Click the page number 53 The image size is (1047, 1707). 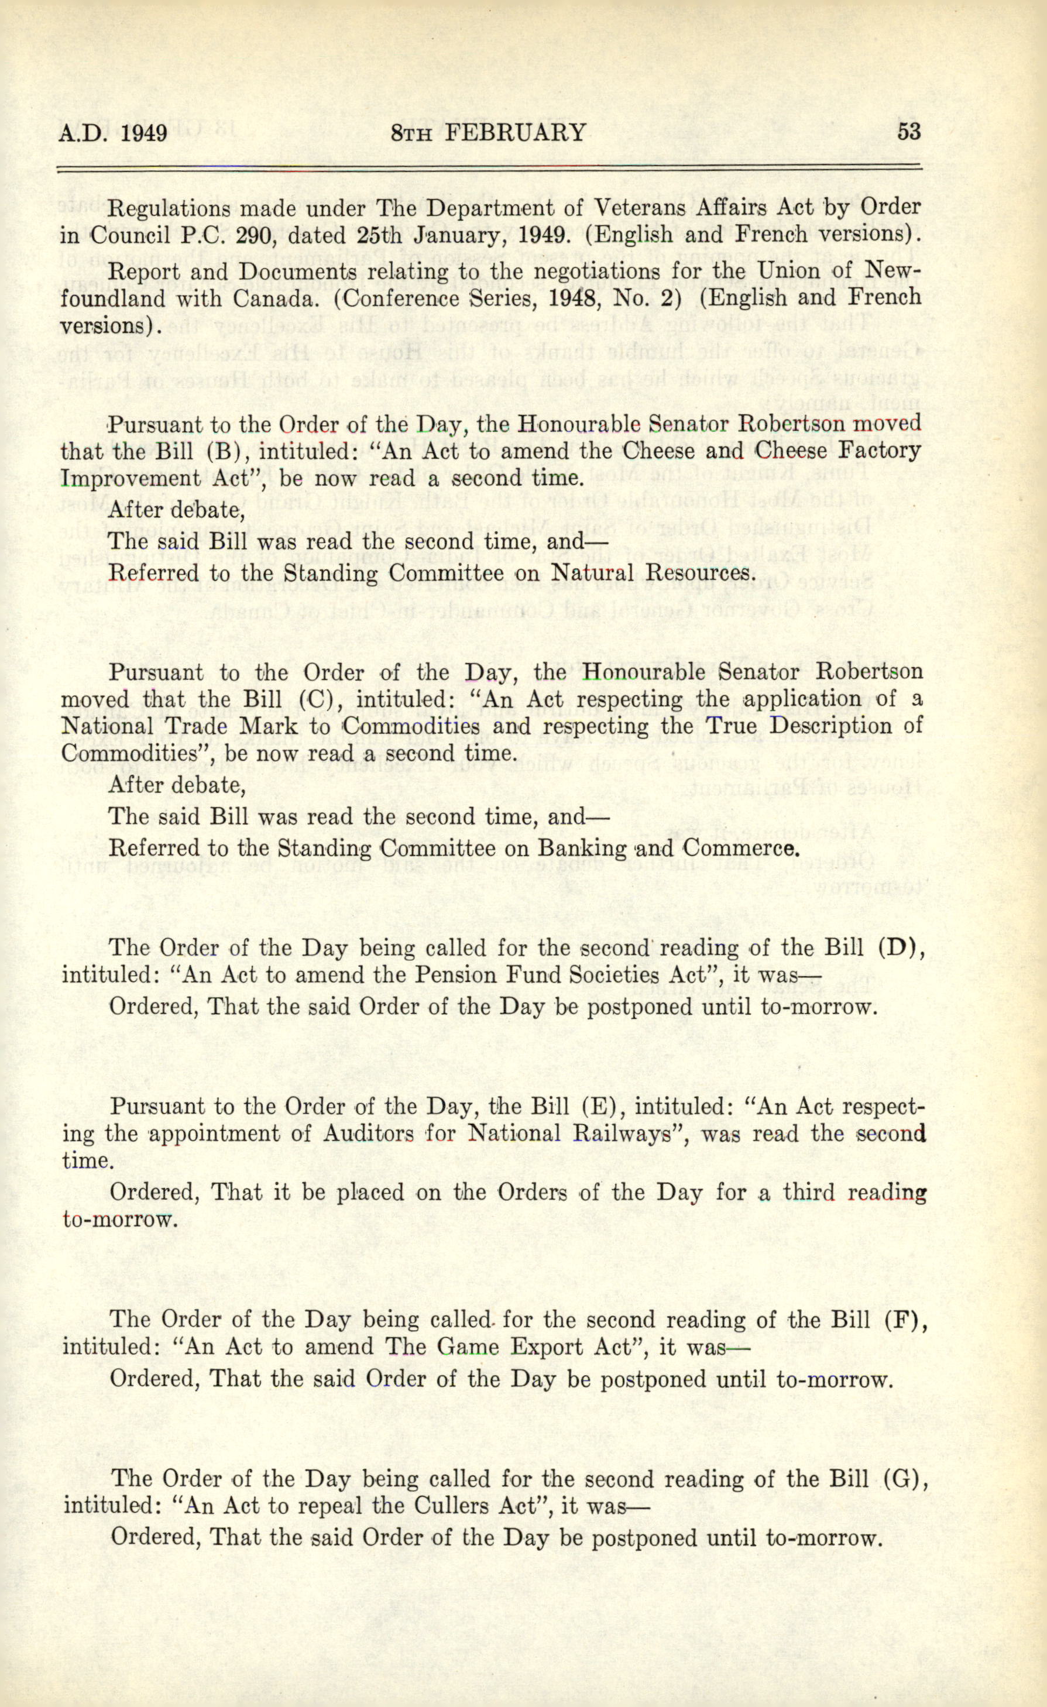click(909, 131)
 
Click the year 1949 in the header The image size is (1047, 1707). click(144, 132)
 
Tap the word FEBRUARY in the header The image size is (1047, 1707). click(515, 132)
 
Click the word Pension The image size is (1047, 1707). click(451, 975)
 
